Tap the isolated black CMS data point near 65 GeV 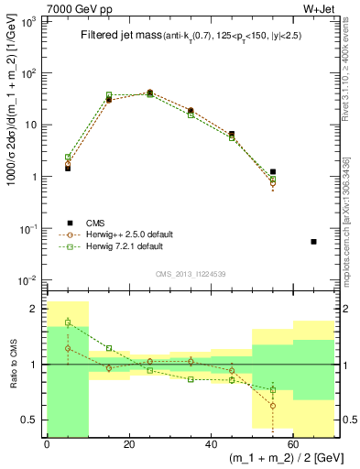click(x=313, y=242)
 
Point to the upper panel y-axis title click(x=10, y=147)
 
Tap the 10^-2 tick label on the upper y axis click(x=28, y=279)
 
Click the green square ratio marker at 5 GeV click(x=68, y=322)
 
